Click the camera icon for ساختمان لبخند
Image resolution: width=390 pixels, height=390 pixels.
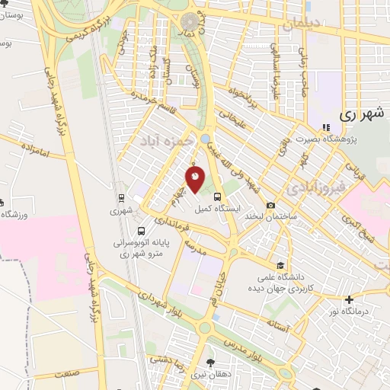(271, 205)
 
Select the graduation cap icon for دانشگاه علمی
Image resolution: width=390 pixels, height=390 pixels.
(280, 266)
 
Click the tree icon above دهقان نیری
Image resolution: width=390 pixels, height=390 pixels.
(211, 363)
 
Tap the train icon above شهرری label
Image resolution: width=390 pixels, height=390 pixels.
(120, 198)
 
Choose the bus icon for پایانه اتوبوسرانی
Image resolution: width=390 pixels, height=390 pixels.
(141, 231)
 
